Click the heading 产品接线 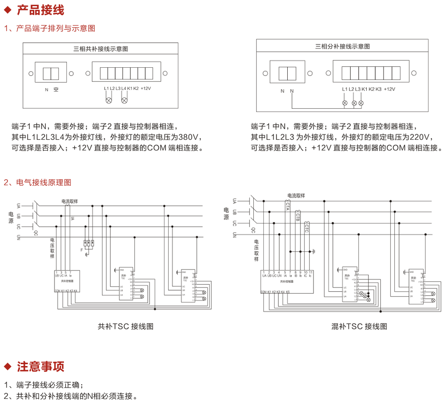click(40, 10)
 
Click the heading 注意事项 click(40, 366)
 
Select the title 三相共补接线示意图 click(101, 48)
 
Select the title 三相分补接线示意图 click(342, 46)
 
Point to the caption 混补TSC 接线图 click(359, 326)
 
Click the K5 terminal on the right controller click(288, 292)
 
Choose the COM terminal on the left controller click(57, 291)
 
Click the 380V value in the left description click(190, 137)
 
